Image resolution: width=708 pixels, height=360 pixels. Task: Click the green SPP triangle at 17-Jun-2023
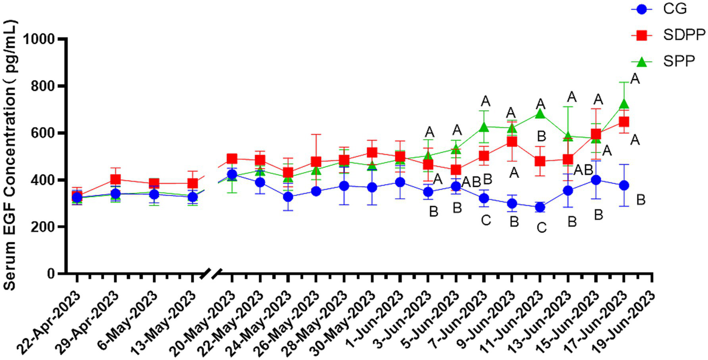[x=624, y=104]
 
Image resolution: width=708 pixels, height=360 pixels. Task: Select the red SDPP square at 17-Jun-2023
[x=624, y=122]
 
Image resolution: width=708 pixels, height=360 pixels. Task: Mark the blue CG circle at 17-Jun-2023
[x=624, y=185]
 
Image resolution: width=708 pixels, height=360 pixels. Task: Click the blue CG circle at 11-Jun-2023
[x=540, y=207]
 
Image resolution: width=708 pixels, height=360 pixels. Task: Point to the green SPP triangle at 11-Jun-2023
[x=540, y=114]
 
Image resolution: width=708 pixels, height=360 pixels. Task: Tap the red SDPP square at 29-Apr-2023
[x=115, y=180]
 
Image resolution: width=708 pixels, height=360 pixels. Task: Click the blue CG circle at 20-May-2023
[x=232, y=174]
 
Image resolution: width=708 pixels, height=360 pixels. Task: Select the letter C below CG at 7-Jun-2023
[x=486, y=221]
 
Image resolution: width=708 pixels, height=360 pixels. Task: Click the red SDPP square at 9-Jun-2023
[x=512, y=142]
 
